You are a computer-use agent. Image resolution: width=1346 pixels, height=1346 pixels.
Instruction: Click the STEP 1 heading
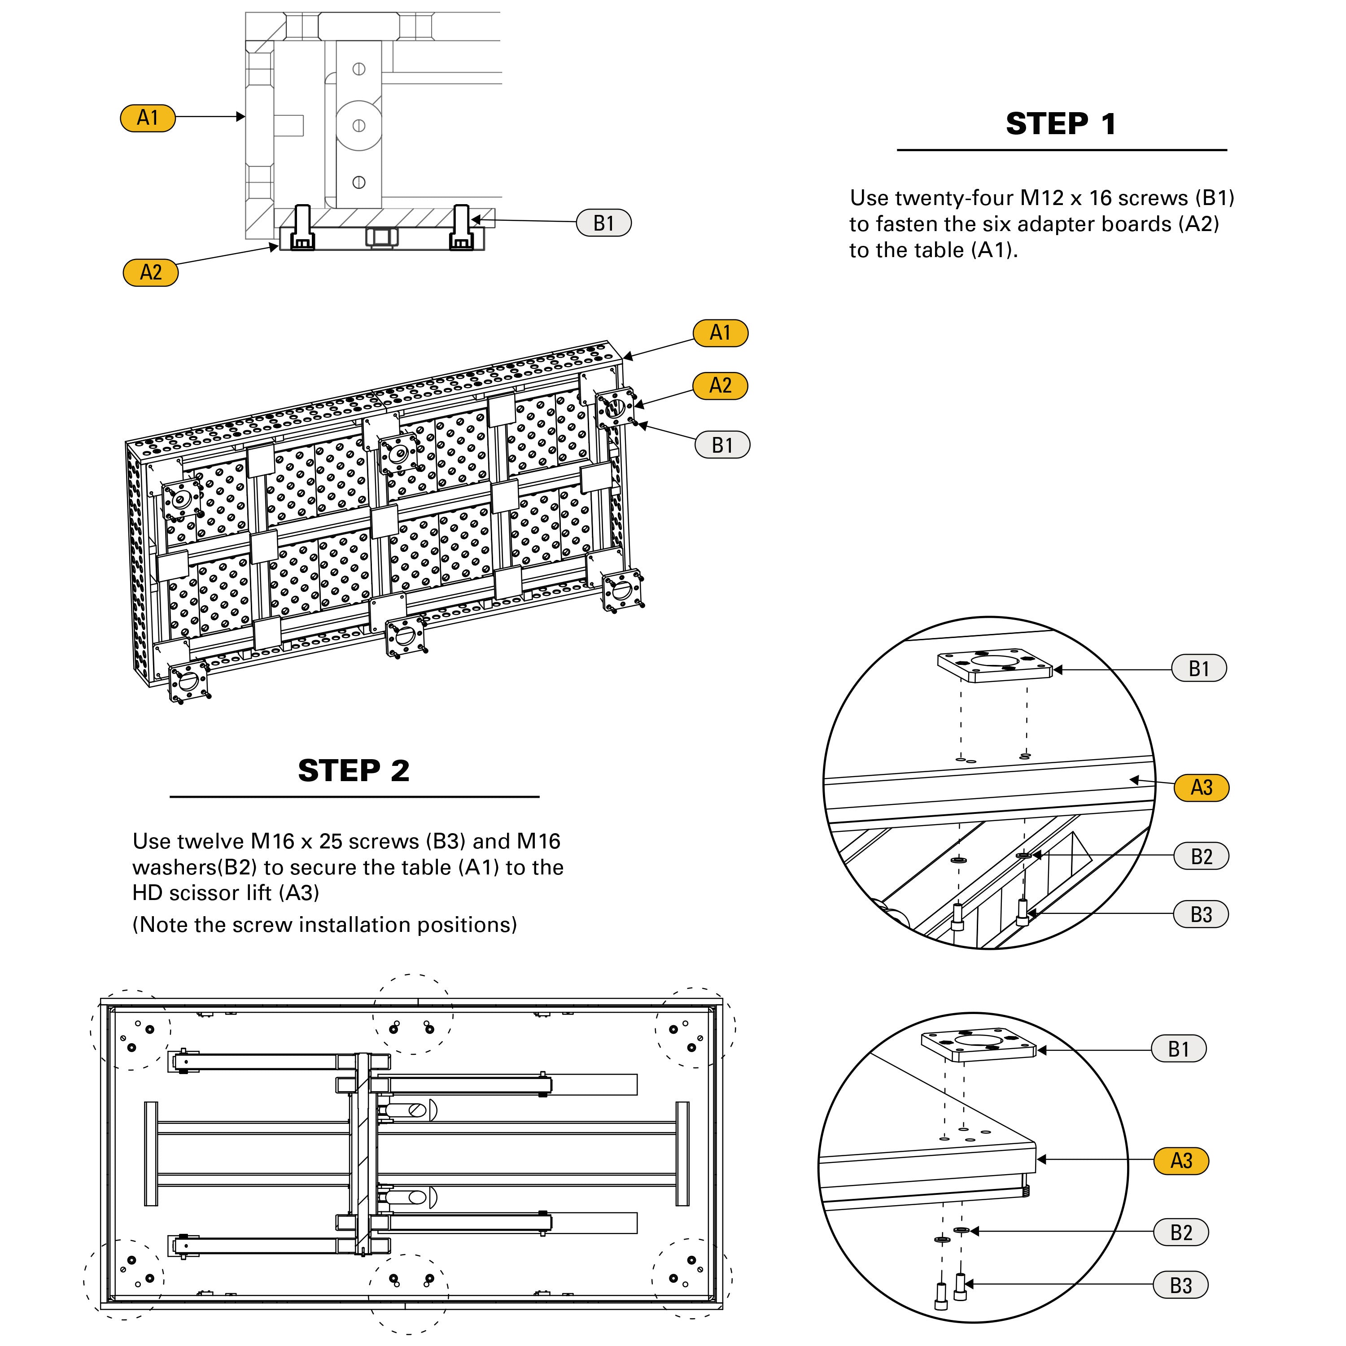1061,124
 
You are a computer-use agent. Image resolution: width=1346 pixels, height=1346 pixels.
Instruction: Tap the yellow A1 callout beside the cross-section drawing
148,118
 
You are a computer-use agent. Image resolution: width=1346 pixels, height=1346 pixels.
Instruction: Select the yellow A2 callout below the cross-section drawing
150,272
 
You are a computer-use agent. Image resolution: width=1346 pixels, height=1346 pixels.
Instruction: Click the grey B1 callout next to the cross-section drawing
603,223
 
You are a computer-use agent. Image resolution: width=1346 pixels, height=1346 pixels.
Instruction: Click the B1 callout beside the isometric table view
722,445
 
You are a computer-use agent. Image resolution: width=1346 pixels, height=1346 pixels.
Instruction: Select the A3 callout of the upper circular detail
1201,787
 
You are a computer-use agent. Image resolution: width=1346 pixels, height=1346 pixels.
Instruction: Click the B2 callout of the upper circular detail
1201,856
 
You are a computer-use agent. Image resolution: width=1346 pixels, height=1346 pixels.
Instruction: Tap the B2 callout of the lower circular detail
1181,1232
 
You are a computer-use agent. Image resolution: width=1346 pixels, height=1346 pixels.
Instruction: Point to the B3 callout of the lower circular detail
1181,1285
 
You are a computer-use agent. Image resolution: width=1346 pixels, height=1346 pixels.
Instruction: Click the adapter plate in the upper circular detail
994,665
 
